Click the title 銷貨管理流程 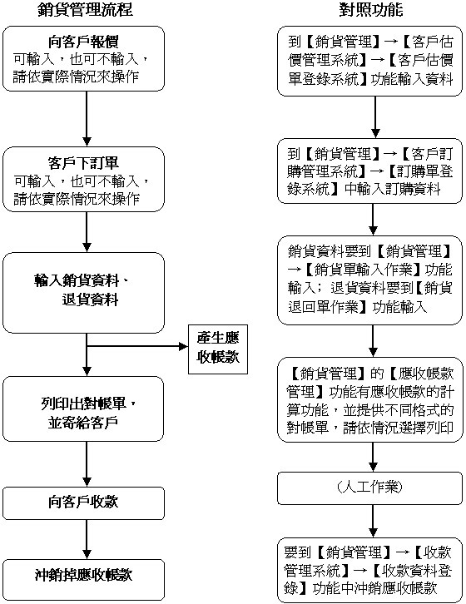coord(86,9)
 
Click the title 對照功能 coord(371,9)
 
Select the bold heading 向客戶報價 coord(84,42)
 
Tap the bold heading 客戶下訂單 coord(84,162)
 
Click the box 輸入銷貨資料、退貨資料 coord(84,293)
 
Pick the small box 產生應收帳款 coord(218,349)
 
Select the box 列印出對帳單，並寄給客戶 coord(83,408)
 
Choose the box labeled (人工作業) coord(369,488)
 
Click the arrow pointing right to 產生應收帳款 coord(137,346)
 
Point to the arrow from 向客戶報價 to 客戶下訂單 coord(87,119)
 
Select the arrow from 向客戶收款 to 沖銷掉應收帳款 coord(87,539)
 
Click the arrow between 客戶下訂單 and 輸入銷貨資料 coord(87,232)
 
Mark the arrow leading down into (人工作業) coord(373,457)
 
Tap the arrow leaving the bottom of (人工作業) coord(373,521)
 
